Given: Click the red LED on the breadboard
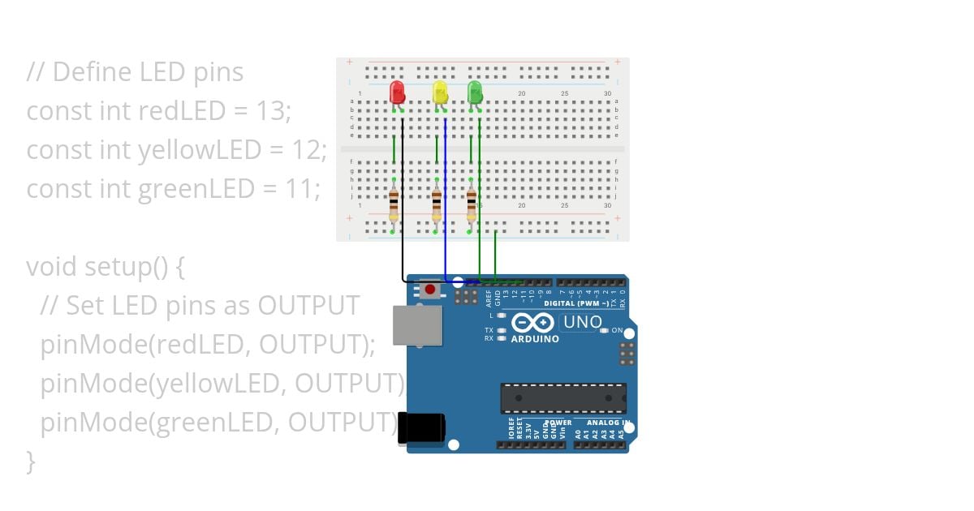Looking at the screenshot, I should click(x=397, y=91).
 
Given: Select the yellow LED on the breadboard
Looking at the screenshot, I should click(x=440, y=91).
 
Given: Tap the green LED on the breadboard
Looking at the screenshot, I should click(x=475, y=91).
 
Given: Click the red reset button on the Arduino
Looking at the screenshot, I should click(x=430, y=289).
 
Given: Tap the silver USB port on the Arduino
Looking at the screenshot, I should click(x=417, y=324).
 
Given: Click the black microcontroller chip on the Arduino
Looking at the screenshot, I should click(x=563, y=397).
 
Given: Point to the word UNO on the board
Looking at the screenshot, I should click(x=582, y=322).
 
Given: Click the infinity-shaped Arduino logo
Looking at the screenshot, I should click(x=532, y=322).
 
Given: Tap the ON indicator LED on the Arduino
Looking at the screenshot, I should click(x=605, y=331).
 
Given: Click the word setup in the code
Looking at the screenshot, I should click(x=113, y=266).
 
